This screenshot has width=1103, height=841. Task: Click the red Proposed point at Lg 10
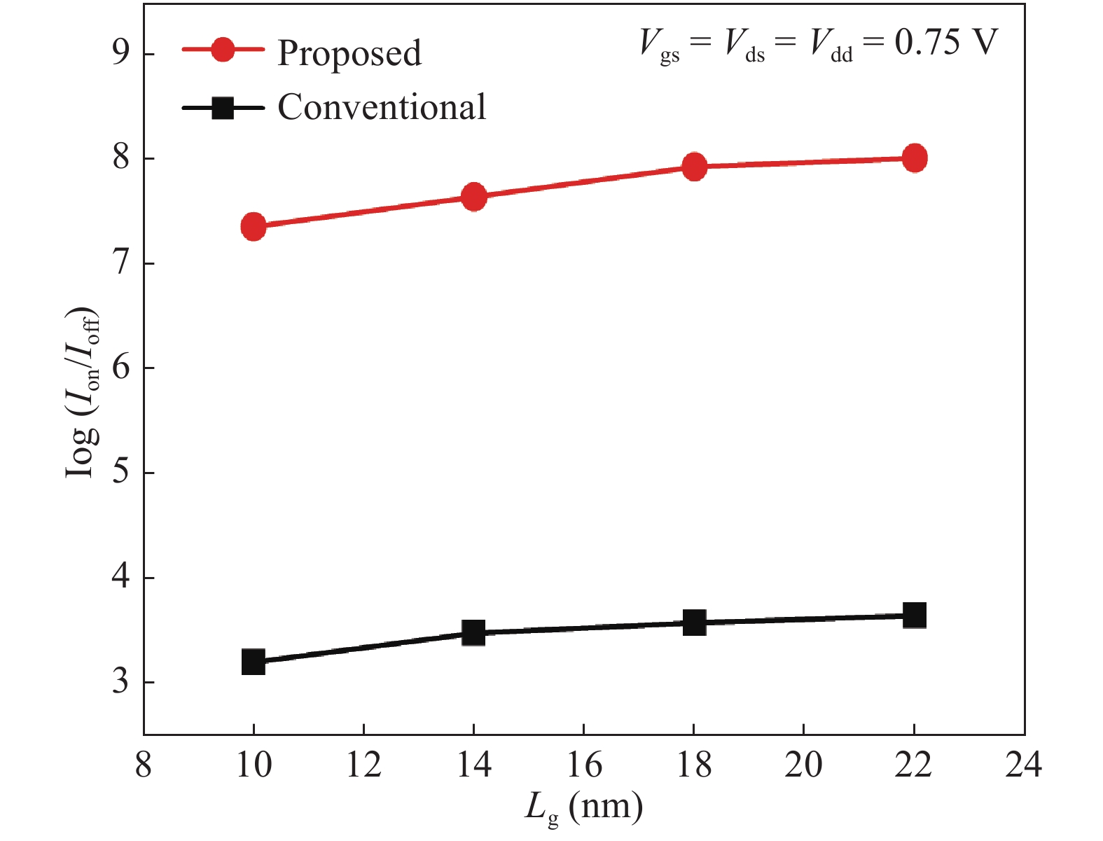[x=254, y=227]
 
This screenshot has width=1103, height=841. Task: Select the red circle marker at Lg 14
[x=474, y=197]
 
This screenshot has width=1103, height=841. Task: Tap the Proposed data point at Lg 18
[x=694, y=167]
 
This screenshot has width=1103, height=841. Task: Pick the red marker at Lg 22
[x=914, y=158]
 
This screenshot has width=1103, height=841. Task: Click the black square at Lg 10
[x=254, y=662]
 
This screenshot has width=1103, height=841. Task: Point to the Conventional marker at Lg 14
[x=474, y=633]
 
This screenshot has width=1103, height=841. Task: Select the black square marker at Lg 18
[x=694, y=622]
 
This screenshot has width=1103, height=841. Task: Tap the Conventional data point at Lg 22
[x=914, y=616]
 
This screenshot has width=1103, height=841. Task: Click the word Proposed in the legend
[x=349, y=53]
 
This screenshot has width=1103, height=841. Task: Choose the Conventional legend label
[x=382, y=107]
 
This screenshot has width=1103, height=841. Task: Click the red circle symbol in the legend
[x=223, y=50]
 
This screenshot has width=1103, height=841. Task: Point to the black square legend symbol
[x=223, y=108]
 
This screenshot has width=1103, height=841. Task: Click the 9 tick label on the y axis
[x=121, y=54]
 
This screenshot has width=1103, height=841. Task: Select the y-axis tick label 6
[x=121, y=368]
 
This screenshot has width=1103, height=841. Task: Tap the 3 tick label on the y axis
[x=121, y=681]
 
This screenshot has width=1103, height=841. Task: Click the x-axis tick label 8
[x=144, y=765]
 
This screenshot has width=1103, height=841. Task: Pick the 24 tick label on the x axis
[x=1023, y=765]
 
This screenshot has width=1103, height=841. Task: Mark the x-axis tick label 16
[x=583, y=765]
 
